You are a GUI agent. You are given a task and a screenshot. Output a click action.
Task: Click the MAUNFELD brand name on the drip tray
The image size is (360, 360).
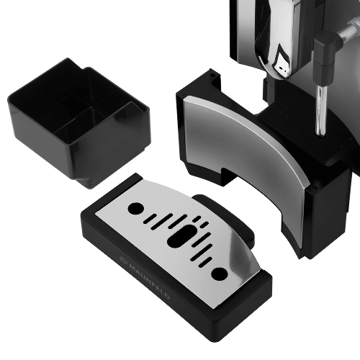(x=149, y=282)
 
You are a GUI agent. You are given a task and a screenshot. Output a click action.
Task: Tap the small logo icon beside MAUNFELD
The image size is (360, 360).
(x=123, y=259)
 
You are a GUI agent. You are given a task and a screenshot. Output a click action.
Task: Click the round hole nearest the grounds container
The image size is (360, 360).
(x=136, y=208)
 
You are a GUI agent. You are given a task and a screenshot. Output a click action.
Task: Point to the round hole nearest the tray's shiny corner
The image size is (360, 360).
(x=220, y=274)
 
